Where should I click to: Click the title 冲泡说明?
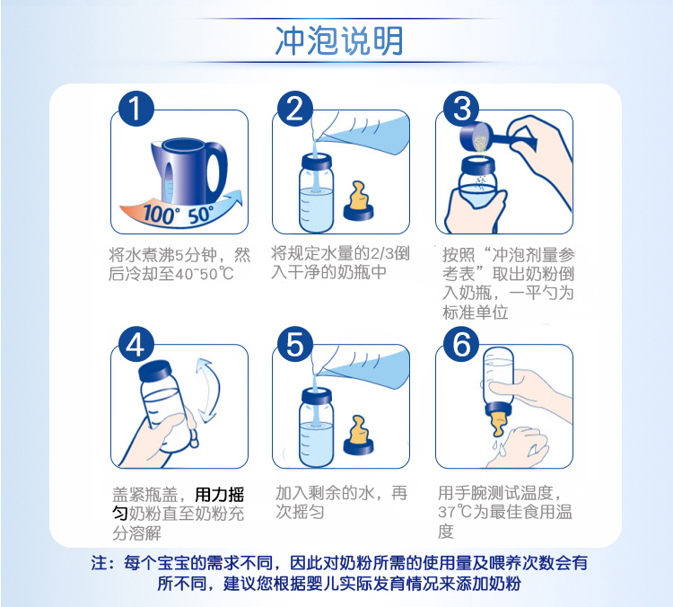(339, 40)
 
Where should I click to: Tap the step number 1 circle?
(136, 109)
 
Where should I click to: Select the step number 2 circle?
(295, 109)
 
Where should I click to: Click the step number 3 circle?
(461, 109)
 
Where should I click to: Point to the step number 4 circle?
(136, 345)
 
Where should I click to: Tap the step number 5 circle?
(295, 345)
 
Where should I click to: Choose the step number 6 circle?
(461, 345)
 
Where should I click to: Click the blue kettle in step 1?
(188, 170)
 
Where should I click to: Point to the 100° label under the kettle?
(158, 214)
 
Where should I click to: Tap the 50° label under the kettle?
(201, 215)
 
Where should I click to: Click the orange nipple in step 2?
(358, 201)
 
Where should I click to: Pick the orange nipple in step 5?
(358, 435)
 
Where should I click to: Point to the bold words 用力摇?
(220, 495)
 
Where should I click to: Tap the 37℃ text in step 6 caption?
(455, 512)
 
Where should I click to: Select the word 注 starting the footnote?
(99, 563)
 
